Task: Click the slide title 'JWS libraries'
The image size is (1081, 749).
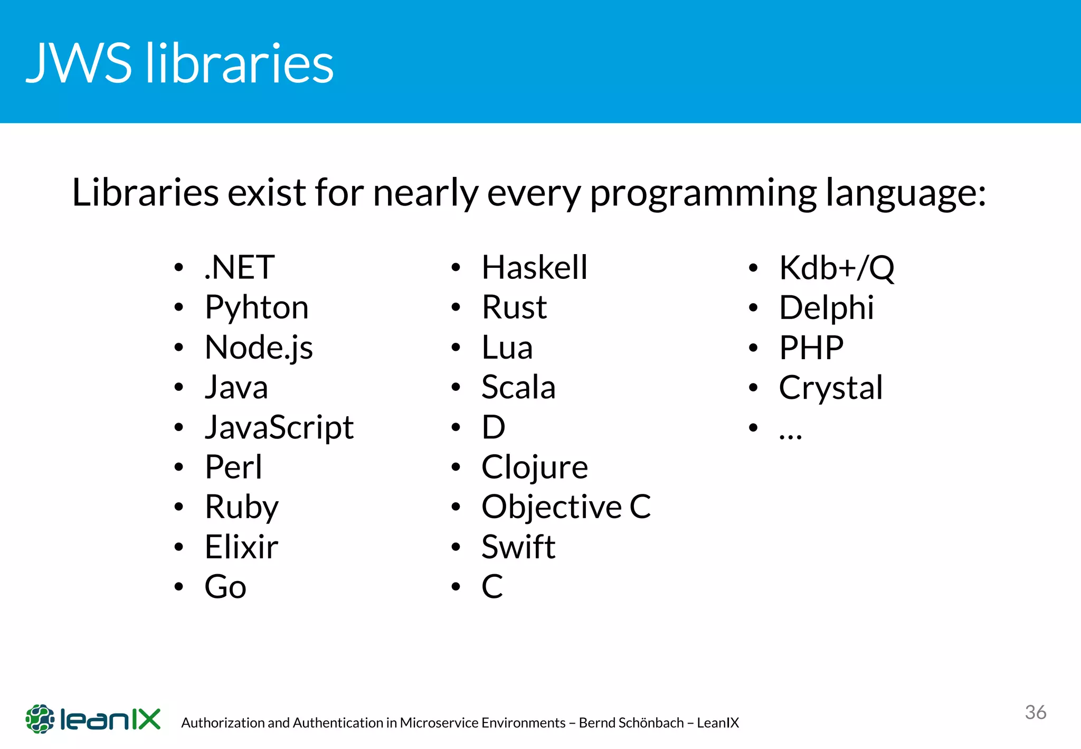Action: pyautogui.click(x=179, y=63)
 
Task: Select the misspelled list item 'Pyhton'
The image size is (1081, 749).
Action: pyautogui.click(x=257, y=307)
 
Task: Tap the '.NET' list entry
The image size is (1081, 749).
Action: pyautogui.click(x=239, y=267)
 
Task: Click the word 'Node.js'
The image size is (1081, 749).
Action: pyautogui.click(x=259, y=348)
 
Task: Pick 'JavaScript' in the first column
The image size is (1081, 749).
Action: pyautogui.click(x=279, y=427)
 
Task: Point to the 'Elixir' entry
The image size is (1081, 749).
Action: pyautogui.click(x=241, y=547)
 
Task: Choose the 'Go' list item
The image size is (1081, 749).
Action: pyautogui.click(x=225, y=587)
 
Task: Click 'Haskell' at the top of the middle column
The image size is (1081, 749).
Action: pyautogui.click(x=534, y=267)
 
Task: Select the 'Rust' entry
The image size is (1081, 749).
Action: pyautogui.click(x=514, y=307)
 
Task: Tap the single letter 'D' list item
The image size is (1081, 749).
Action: pyautogui.click(x=494, y=427)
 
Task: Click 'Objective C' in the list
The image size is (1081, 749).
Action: pyautogui.click(x=566, y=507)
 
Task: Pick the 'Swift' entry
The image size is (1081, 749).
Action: pyautogui.click(x=518, y=547)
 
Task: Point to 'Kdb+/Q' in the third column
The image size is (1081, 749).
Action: pyautogui.click(x=837, y=268)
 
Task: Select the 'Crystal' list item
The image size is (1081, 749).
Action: pyautogui.click(x=830, y=388)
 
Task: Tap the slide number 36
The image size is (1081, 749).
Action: pyautogui.click(x=1035, y=712)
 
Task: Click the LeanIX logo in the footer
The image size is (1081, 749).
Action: pyautogui.click(x=93, y=719)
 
